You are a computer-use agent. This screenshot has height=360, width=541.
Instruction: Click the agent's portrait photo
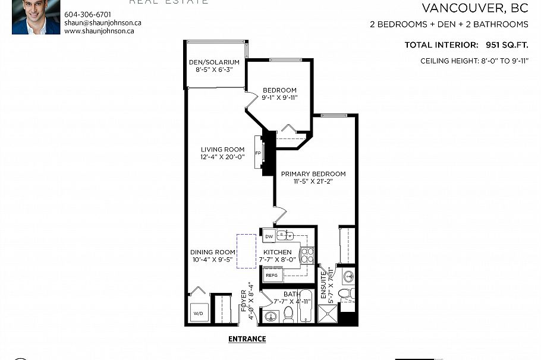[x=36, y=16]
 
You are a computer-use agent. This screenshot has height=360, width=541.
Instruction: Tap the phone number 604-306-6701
[x=87, y=14]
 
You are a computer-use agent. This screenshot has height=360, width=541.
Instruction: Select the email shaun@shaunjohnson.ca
[x=103, y=23]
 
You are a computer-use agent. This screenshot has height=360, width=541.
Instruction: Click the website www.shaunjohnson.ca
[x=99, y=31]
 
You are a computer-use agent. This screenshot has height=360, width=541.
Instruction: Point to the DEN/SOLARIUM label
[x=214, y=62]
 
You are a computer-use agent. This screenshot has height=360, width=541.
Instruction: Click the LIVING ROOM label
[x=222, y=149]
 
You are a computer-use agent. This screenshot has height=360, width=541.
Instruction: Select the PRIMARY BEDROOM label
[x=313, y=173]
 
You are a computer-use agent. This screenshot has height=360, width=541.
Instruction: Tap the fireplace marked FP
[x=259, y=153]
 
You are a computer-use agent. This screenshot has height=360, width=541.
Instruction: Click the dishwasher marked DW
[x=269, y=236]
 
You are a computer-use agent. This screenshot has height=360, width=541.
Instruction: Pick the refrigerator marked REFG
[x=272, y=275]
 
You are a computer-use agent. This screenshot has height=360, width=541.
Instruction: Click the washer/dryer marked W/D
[x=197, y=312]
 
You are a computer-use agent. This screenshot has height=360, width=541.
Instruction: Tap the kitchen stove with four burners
[x=307, y=255]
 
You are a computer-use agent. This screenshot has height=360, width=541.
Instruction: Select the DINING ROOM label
[x=213, y=252]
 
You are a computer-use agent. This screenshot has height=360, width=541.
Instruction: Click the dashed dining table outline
[x=246, y=251]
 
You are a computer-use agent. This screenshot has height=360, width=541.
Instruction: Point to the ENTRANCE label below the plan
[x=247, y=339]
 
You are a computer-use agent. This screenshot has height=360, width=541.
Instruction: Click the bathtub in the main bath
[x=305, y=306]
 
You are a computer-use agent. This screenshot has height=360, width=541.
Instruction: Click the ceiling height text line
[x=474, y=61]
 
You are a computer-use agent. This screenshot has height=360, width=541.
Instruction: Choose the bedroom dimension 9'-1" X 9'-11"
[x=279, y=97]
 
